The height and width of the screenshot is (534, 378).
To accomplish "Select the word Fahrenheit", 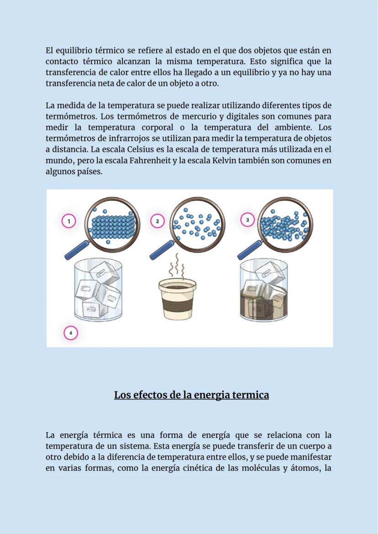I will coord(150,161).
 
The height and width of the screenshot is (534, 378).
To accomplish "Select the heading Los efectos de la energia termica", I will coord(191,395).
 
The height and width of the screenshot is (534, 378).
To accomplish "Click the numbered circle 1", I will coord(69,221).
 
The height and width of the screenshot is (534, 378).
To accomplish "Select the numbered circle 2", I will coord(157,221).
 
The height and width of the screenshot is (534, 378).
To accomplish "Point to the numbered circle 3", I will coord(247,220).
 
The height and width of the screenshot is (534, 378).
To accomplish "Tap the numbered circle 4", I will coord(71,333).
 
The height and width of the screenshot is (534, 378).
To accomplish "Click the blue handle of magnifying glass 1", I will coord(76,250).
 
